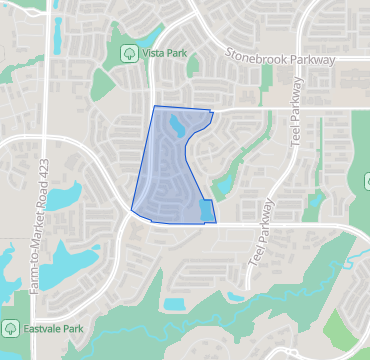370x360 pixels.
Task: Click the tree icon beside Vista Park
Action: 128,53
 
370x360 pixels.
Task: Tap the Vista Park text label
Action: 164,53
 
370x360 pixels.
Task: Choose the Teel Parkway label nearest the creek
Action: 260,231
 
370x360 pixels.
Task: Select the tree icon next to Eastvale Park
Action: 11,327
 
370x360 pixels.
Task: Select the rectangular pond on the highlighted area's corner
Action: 207,211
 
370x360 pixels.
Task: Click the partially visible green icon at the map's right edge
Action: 366,180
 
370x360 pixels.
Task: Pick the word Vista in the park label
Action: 153,53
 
